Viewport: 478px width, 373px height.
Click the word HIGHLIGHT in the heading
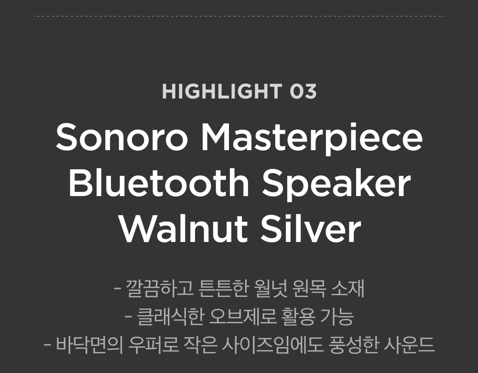(222, 91)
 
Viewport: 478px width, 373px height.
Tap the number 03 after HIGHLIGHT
(303, 91)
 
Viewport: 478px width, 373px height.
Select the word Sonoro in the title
(121, 137)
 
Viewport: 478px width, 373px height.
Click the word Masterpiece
(312, 139)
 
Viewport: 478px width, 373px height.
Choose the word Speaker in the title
(336, 184)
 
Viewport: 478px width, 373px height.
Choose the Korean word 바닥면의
(90, 345)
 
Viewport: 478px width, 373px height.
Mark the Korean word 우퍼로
(153, 345)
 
